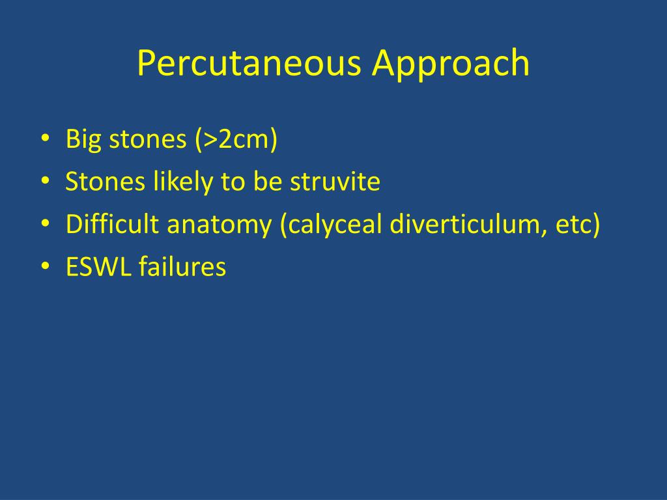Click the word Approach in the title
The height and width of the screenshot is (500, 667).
click(x=451, y=64)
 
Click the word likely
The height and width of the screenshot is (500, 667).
click(x=184, y=182)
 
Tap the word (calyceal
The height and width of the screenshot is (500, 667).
click(x=331, y=225)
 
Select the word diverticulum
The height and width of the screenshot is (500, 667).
click(x=462, y=225)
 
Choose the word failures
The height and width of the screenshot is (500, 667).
click(x=182, y=267)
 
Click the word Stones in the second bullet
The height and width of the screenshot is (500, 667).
click(x=106, y=182)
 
